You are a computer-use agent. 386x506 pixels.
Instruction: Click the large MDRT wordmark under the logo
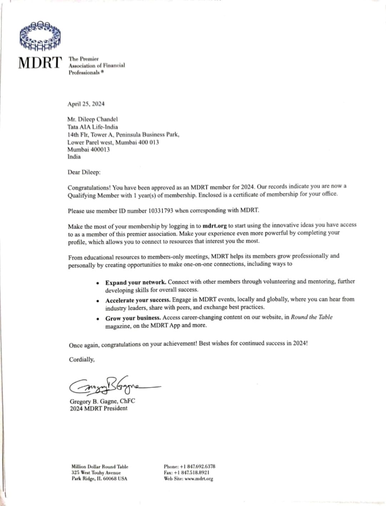(x=40, y=63)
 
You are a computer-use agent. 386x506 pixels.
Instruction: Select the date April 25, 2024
(x=86, y=104)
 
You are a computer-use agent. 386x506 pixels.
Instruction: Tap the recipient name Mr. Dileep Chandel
(x=92, y=119)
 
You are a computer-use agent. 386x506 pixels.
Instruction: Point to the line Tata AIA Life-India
(x=93, y=127)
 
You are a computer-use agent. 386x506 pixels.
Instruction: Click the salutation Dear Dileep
(x=84, y=172)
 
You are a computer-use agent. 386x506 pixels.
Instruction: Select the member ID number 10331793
(x=160, y=210)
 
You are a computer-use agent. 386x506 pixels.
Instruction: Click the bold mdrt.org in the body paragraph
(x=214, y=226)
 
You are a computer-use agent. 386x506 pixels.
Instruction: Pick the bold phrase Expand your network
(x=135, y=282)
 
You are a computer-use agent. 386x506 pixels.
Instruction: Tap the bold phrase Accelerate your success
(x=138, y=300)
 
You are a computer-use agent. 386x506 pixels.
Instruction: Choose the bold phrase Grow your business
(x=133, y=318)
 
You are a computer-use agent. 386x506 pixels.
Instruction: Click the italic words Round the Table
(x=311, y=317)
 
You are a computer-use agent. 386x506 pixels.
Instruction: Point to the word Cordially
(x=82, y=359)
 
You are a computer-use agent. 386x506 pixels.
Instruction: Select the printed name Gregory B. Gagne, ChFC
(x=102, y=401)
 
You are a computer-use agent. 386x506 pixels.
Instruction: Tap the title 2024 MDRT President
(x=99, y=408)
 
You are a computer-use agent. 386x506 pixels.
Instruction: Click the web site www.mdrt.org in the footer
(x=199, y=479)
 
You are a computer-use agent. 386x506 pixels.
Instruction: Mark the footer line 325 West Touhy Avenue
(x=96, y=472)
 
